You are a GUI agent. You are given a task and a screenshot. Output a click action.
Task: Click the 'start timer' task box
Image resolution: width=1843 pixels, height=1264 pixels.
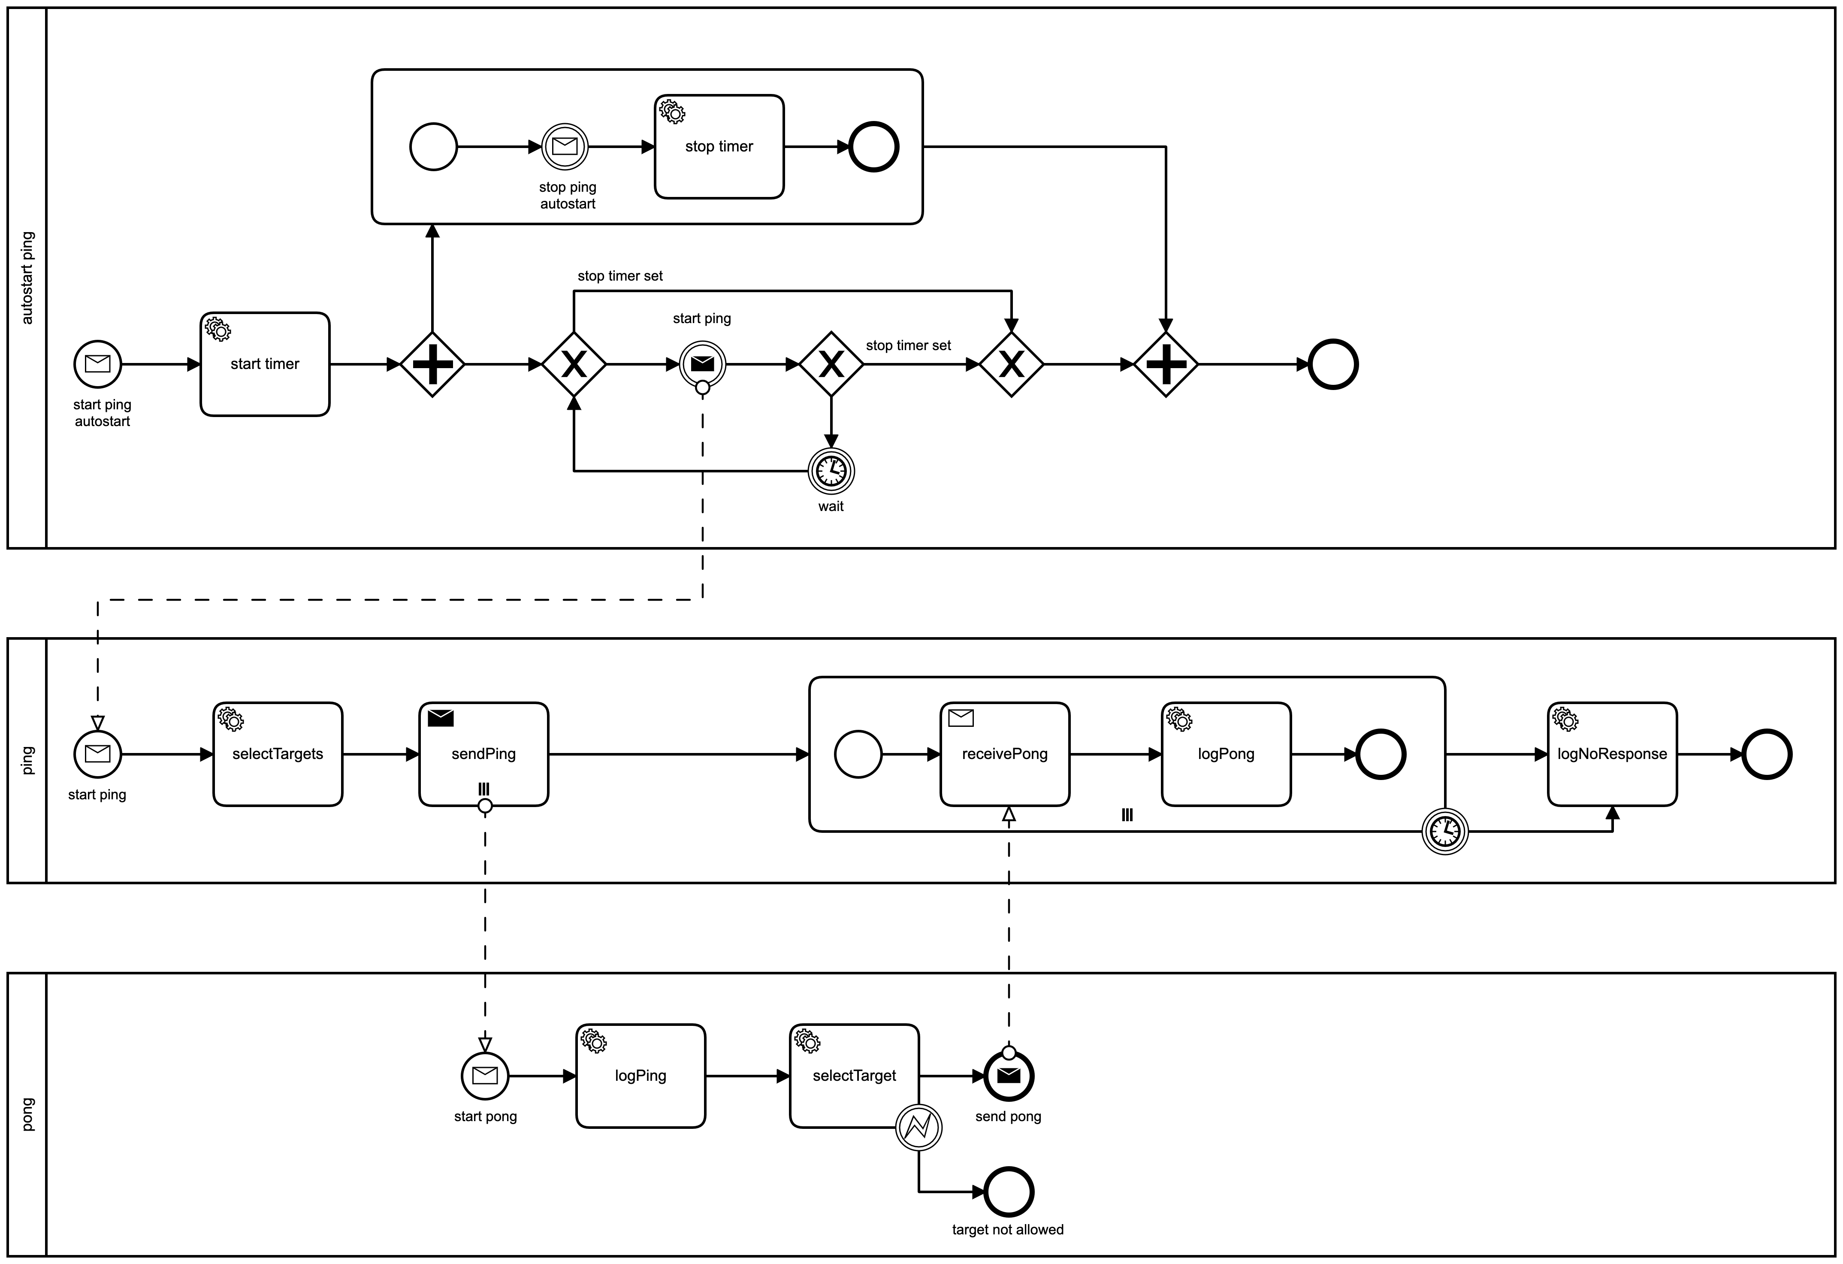point(264,364)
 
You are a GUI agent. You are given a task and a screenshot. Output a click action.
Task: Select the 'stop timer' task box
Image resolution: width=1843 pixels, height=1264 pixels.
point(719,147)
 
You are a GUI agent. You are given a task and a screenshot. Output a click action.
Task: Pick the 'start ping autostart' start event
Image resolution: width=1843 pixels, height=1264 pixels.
point(97,364)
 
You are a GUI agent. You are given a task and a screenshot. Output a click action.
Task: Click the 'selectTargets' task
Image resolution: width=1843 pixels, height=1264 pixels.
point(278,754)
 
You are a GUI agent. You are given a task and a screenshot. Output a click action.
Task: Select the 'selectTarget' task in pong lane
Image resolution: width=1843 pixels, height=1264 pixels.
point(854,1076)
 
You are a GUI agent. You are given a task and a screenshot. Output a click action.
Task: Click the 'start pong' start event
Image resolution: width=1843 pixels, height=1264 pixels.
point(484,1076)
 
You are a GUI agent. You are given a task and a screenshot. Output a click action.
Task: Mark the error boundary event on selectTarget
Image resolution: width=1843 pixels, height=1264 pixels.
point(918,1128)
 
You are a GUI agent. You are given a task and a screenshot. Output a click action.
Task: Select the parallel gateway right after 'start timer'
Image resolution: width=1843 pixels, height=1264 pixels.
point(432,365)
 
